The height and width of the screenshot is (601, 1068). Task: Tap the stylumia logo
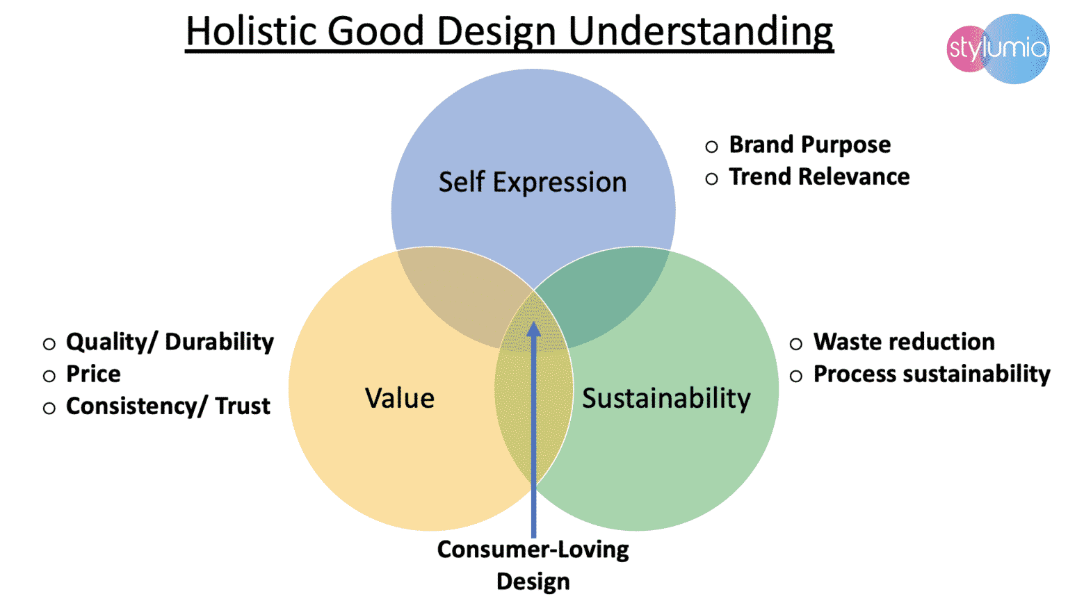coord(998,49)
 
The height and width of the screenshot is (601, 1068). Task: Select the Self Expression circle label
coord(533,183)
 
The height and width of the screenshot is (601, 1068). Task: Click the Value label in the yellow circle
coord(400,398)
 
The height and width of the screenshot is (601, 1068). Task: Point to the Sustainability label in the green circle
coord(666,399)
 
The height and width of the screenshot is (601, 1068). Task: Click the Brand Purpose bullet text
coord(809,145)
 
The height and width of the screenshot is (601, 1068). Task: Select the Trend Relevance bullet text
coord(819,176)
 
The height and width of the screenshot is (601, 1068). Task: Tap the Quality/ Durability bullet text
coord(170,343)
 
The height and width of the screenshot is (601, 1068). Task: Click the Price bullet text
coord(93,374)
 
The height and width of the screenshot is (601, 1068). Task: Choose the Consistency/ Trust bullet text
coord(168,406)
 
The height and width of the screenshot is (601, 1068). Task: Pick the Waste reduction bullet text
coord(904,342)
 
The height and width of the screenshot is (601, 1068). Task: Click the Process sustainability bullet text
coord(932,374)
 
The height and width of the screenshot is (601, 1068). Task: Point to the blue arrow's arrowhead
coord(533,329)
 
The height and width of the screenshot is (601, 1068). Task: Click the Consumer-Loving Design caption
coord(533,566)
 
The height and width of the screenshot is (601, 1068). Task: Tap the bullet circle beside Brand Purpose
coord(711,147)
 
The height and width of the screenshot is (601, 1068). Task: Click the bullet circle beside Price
coord(49,377)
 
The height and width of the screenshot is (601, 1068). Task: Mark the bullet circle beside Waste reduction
coord(795,344)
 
